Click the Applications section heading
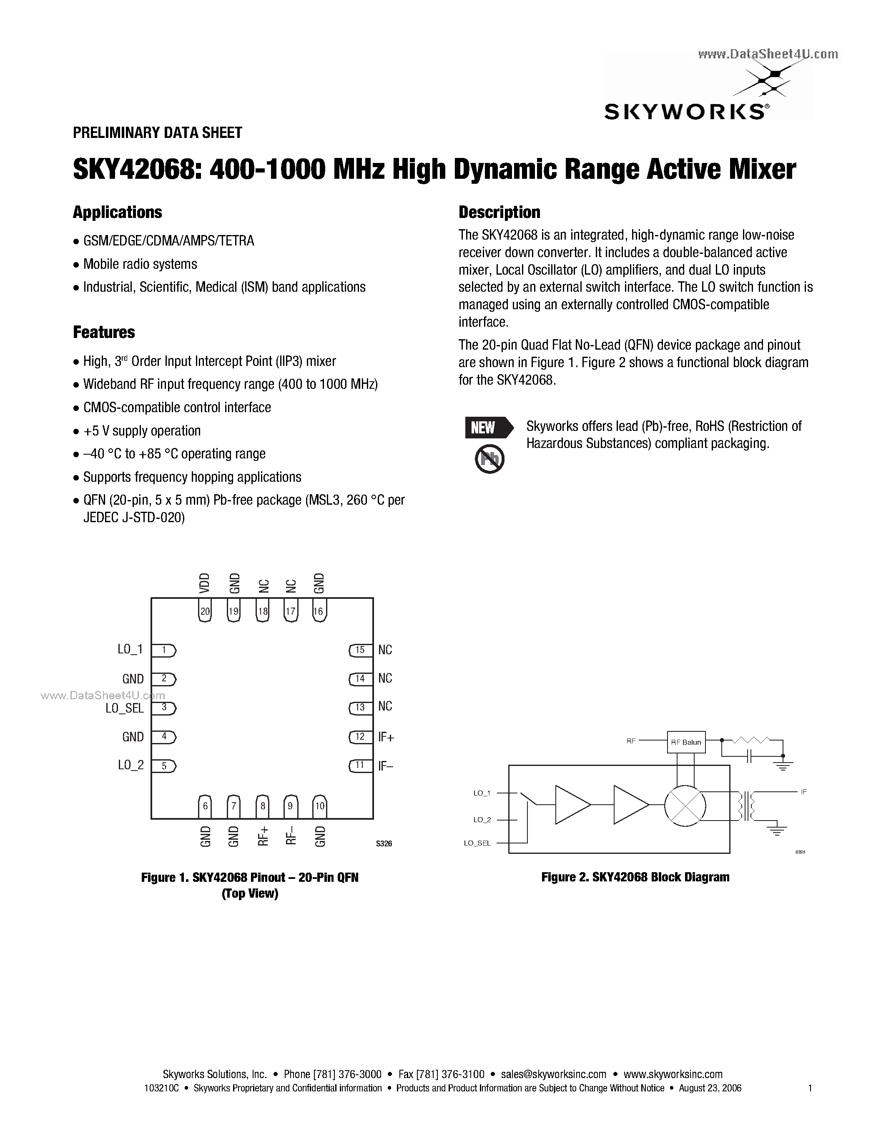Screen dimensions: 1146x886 [117, 213]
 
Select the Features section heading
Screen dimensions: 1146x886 [103, 332]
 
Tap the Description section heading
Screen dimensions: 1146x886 [499, 212]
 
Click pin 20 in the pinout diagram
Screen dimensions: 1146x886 [205, 611]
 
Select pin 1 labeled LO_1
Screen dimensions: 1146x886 [164, 650]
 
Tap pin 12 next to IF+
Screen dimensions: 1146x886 [360, 737]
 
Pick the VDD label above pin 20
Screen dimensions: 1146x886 [205, 583]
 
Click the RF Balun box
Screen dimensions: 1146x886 [686, 742]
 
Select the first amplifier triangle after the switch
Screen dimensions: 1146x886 [572, 804]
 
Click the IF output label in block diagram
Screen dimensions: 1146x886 [803, 792]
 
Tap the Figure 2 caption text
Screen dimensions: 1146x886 [635, 877]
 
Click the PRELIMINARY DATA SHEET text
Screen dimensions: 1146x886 [158, 133]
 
